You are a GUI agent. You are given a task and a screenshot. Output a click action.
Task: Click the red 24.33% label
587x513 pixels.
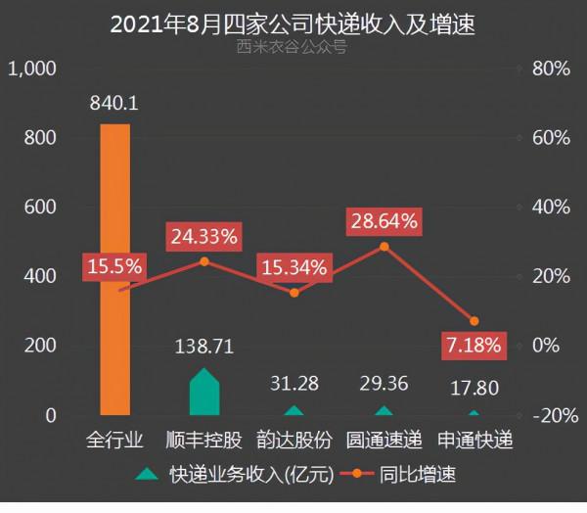[203, 236]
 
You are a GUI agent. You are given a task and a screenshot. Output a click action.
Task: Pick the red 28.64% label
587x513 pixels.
[384, 220]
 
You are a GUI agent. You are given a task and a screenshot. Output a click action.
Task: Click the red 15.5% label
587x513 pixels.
[114, 265]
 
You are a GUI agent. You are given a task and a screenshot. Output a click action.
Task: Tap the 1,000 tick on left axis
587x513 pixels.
[33, 69]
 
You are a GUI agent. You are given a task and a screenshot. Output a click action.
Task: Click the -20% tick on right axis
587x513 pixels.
[549, 415]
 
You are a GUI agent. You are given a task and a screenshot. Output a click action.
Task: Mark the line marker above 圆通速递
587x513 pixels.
[384, 246]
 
